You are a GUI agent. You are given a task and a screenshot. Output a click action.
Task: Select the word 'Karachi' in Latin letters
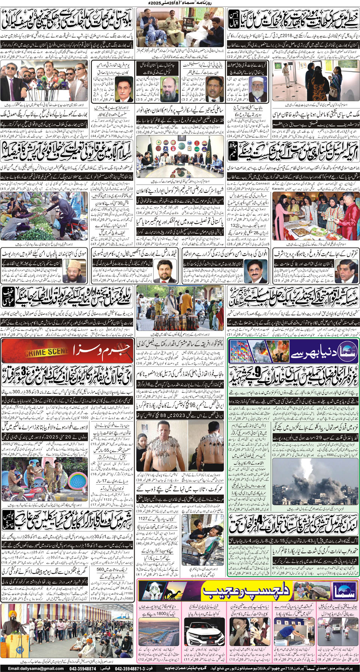point(278,189)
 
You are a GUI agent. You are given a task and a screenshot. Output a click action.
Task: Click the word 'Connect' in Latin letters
point(262,184)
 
